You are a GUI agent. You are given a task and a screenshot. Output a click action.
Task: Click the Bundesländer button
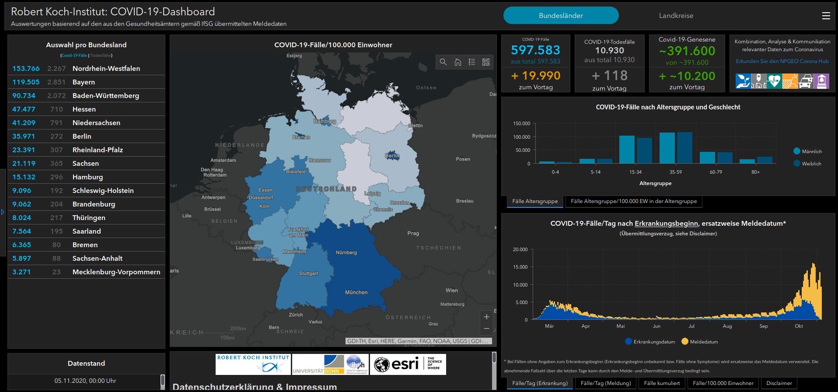[561, 16]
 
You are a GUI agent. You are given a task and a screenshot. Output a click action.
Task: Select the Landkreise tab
[676, 16]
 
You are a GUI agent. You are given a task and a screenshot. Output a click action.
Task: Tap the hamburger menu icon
[826, 16]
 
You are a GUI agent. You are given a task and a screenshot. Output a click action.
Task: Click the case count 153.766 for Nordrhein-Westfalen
[26, 69]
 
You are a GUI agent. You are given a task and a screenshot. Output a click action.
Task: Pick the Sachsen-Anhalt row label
[97, 259]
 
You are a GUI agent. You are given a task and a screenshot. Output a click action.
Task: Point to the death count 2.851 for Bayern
[56, 82]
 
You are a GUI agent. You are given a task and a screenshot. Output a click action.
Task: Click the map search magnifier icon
[443, 62]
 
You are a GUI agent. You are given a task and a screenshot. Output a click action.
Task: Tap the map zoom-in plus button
[486, 317]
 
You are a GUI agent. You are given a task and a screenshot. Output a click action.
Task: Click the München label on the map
[356, 292]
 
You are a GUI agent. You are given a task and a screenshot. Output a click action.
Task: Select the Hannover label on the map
[320, 160]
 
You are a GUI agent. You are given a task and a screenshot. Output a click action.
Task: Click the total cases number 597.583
[535, 50]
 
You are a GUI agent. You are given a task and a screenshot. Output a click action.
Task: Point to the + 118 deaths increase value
[610, 76]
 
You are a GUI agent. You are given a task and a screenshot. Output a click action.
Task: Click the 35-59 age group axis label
[675, 172]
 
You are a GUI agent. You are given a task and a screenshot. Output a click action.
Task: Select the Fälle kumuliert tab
[662, 383]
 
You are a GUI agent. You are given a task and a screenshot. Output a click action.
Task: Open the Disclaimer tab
[779, 383]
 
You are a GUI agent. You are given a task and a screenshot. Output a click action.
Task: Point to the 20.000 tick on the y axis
[520, 249]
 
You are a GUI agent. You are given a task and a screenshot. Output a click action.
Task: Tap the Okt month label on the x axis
[799, 326]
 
